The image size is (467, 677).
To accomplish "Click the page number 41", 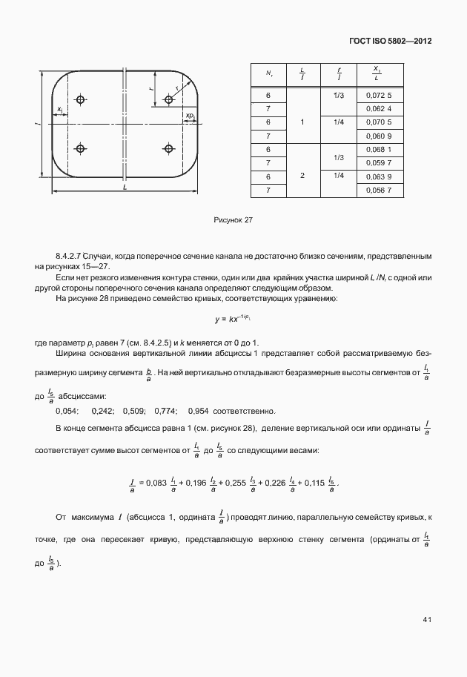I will (428, 618).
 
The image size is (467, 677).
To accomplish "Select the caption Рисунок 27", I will (233, 220).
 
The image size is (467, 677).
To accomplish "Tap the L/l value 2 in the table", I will (302, 176).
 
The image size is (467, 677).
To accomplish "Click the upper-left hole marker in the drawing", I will (80, 99).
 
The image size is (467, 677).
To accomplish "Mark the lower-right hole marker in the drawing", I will (169, 149).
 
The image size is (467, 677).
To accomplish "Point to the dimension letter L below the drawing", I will (125, 190).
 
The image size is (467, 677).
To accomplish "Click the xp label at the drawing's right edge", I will (191, 116).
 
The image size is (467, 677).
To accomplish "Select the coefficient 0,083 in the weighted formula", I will (158, 484).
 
